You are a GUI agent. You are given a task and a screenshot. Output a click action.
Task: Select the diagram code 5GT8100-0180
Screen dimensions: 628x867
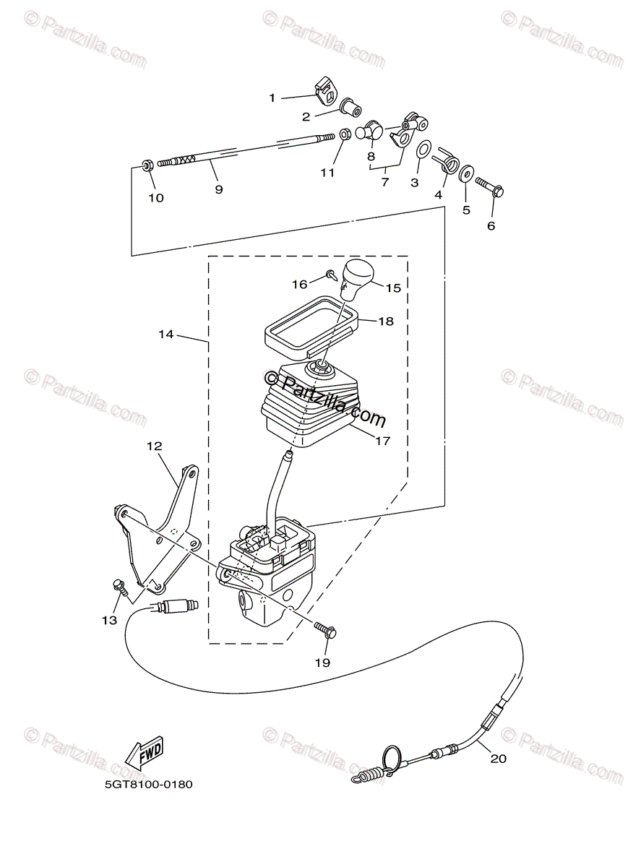(149, 785)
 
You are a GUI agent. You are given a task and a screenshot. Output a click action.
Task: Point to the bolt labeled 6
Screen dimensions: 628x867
(490, 186)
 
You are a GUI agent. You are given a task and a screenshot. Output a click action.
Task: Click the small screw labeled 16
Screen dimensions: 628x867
(331, 274)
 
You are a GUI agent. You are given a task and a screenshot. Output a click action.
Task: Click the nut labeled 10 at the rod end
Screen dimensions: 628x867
(147, 165)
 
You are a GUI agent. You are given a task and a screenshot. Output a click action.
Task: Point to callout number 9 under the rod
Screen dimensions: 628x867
(219, 189)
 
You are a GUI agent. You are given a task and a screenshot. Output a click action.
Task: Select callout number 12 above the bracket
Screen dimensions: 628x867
(154, 446)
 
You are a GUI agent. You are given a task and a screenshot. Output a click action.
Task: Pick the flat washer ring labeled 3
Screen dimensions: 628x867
(423, 149)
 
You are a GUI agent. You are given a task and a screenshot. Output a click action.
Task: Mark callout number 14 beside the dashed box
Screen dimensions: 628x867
(166, 334)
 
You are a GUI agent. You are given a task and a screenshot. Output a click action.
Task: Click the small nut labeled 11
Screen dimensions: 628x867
(344, 134)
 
